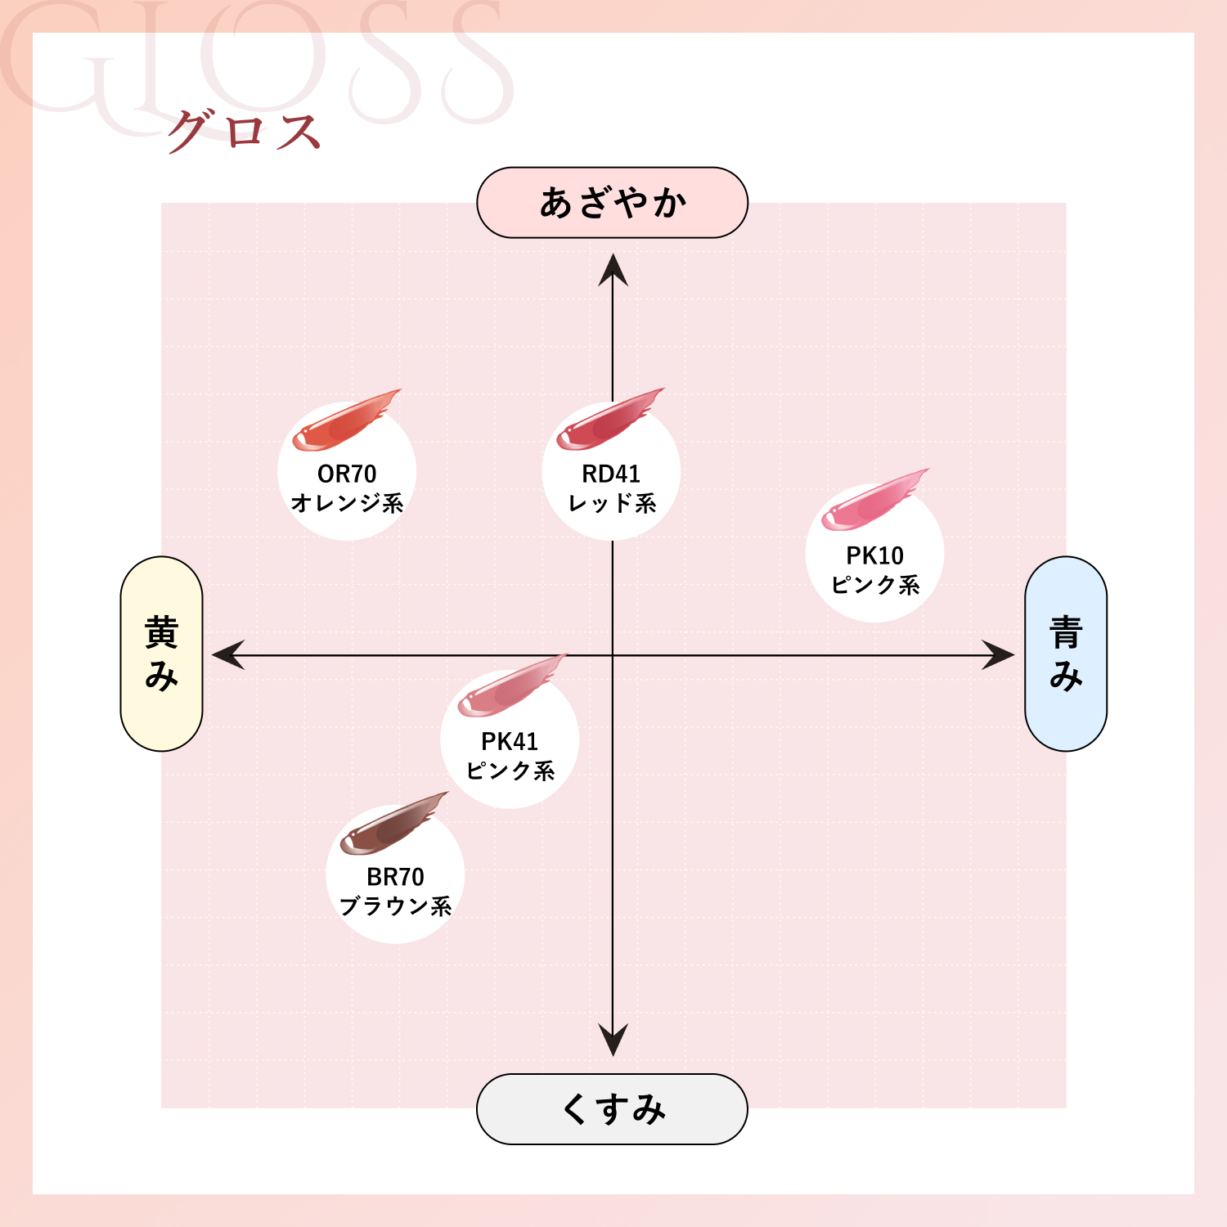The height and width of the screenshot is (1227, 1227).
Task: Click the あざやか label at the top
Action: point(612,203)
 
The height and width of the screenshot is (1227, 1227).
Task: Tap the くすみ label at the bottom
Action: point(612,1109)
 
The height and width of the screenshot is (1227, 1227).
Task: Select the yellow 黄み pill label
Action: point(161,654)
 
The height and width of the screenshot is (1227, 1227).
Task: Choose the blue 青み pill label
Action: point(1065,654)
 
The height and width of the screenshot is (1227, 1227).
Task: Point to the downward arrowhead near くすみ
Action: point(613,1040)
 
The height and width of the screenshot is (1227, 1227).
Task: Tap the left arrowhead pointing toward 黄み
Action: point(227,655)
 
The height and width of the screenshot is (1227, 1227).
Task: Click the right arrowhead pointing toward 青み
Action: point(999,655)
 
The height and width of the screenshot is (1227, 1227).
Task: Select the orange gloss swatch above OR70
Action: point(344,421)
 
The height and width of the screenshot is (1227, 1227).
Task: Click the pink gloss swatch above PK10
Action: point(873,501)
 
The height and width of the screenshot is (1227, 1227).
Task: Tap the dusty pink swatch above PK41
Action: point(509,688)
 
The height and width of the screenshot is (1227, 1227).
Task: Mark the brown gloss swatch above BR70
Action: point(392,825)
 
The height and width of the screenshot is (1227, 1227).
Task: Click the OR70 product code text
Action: point(347,474)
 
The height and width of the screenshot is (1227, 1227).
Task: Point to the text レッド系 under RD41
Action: point(612,504)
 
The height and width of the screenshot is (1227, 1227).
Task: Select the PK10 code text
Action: point(874,556)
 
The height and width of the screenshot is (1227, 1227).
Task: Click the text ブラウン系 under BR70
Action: point(395,906)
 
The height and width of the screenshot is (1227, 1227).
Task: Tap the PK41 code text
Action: point(510,742)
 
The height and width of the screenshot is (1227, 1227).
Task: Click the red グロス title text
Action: point(243,131)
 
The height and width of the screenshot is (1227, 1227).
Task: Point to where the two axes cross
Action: point(613,655)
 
